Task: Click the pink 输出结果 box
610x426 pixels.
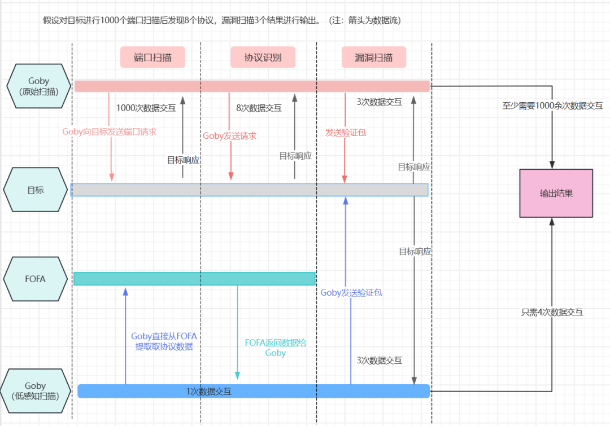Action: coord(556,193)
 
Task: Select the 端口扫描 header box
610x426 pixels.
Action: coord(152,57)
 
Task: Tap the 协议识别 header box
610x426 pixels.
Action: coord(263,57)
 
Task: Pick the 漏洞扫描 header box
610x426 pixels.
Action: coord(373,57)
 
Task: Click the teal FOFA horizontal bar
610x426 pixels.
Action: coord(194,279)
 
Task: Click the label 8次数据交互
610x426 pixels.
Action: coord(259,108)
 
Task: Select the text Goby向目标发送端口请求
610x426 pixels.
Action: coord(109,131)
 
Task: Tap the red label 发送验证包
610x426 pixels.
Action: coord(346,132)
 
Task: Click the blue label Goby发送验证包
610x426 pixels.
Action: coord(351,292)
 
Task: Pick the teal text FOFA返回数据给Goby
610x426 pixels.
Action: coord(275,348)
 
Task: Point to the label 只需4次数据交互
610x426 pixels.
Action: coord(552,311)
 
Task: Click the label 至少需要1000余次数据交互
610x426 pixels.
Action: coord(552,106)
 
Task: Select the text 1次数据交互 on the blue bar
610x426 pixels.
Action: coord(208,392)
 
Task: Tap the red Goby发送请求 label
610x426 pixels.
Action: coord(229,135)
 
